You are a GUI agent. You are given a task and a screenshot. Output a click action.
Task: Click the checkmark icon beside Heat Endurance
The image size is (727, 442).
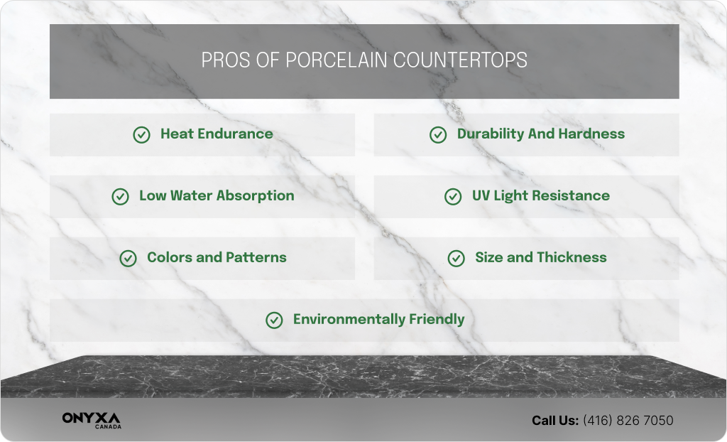[142, 135]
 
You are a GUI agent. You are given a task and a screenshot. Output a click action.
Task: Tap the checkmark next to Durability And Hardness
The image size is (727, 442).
[438, 135]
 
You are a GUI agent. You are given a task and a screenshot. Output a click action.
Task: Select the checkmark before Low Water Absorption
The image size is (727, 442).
[121, 197]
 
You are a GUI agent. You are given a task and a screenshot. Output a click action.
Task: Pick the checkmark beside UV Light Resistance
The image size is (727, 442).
[453, 197]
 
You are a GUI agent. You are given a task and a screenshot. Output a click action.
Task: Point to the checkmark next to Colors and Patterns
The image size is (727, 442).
[129, 259]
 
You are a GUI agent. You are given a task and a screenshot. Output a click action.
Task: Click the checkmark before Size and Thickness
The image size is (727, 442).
[457, 259]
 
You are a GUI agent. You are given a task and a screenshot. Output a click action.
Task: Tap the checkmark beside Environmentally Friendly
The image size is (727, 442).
[274, 320]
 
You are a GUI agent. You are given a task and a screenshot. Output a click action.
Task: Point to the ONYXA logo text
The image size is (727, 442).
[91, 419]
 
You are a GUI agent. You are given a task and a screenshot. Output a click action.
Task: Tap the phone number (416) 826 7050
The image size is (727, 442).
[628, 421]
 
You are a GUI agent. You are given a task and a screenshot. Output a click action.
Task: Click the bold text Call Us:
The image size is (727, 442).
[555, 421]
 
